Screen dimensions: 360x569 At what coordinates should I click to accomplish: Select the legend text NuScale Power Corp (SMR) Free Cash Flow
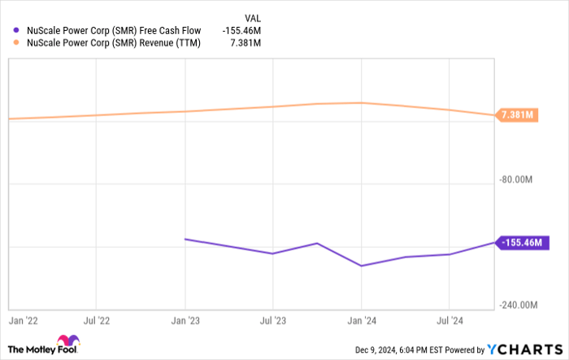pyautogui.click(x=113, y=31)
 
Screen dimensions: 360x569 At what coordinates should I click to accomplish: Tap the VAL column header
pyautogui.click(x=253, y=16)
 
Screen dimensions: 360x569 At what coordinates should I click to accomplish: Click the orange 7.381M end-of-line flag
pyautogui.click(x=518, y=115)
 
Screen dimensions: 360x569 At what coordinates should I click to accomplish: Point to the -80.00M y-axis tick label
pyautogui.click(x=519, y=180)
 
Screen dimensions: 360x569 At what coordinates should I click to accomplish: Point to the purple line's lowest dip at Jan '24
pyautogui.click(x=361, y=266)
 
